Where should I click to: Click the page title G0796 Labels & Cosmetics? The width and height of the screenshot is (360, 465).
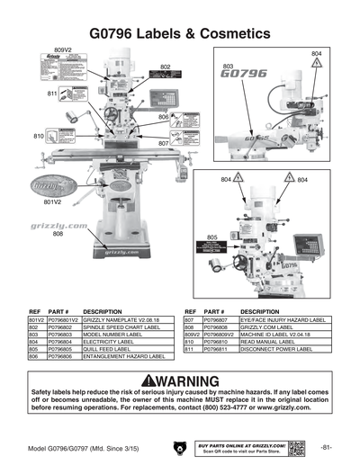pyautogui.click(x=180, y=33)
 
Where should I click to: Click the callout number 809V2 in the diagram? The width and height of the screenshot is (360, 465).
pyautogui.click(x=63, y=50)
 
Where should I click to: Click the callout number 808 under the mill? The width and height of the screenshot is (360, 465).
pyautogui.click(x=58, y=234)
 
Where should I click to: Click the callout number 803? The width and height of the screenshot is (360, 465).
pyautogui.click(x=229, y=67)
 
